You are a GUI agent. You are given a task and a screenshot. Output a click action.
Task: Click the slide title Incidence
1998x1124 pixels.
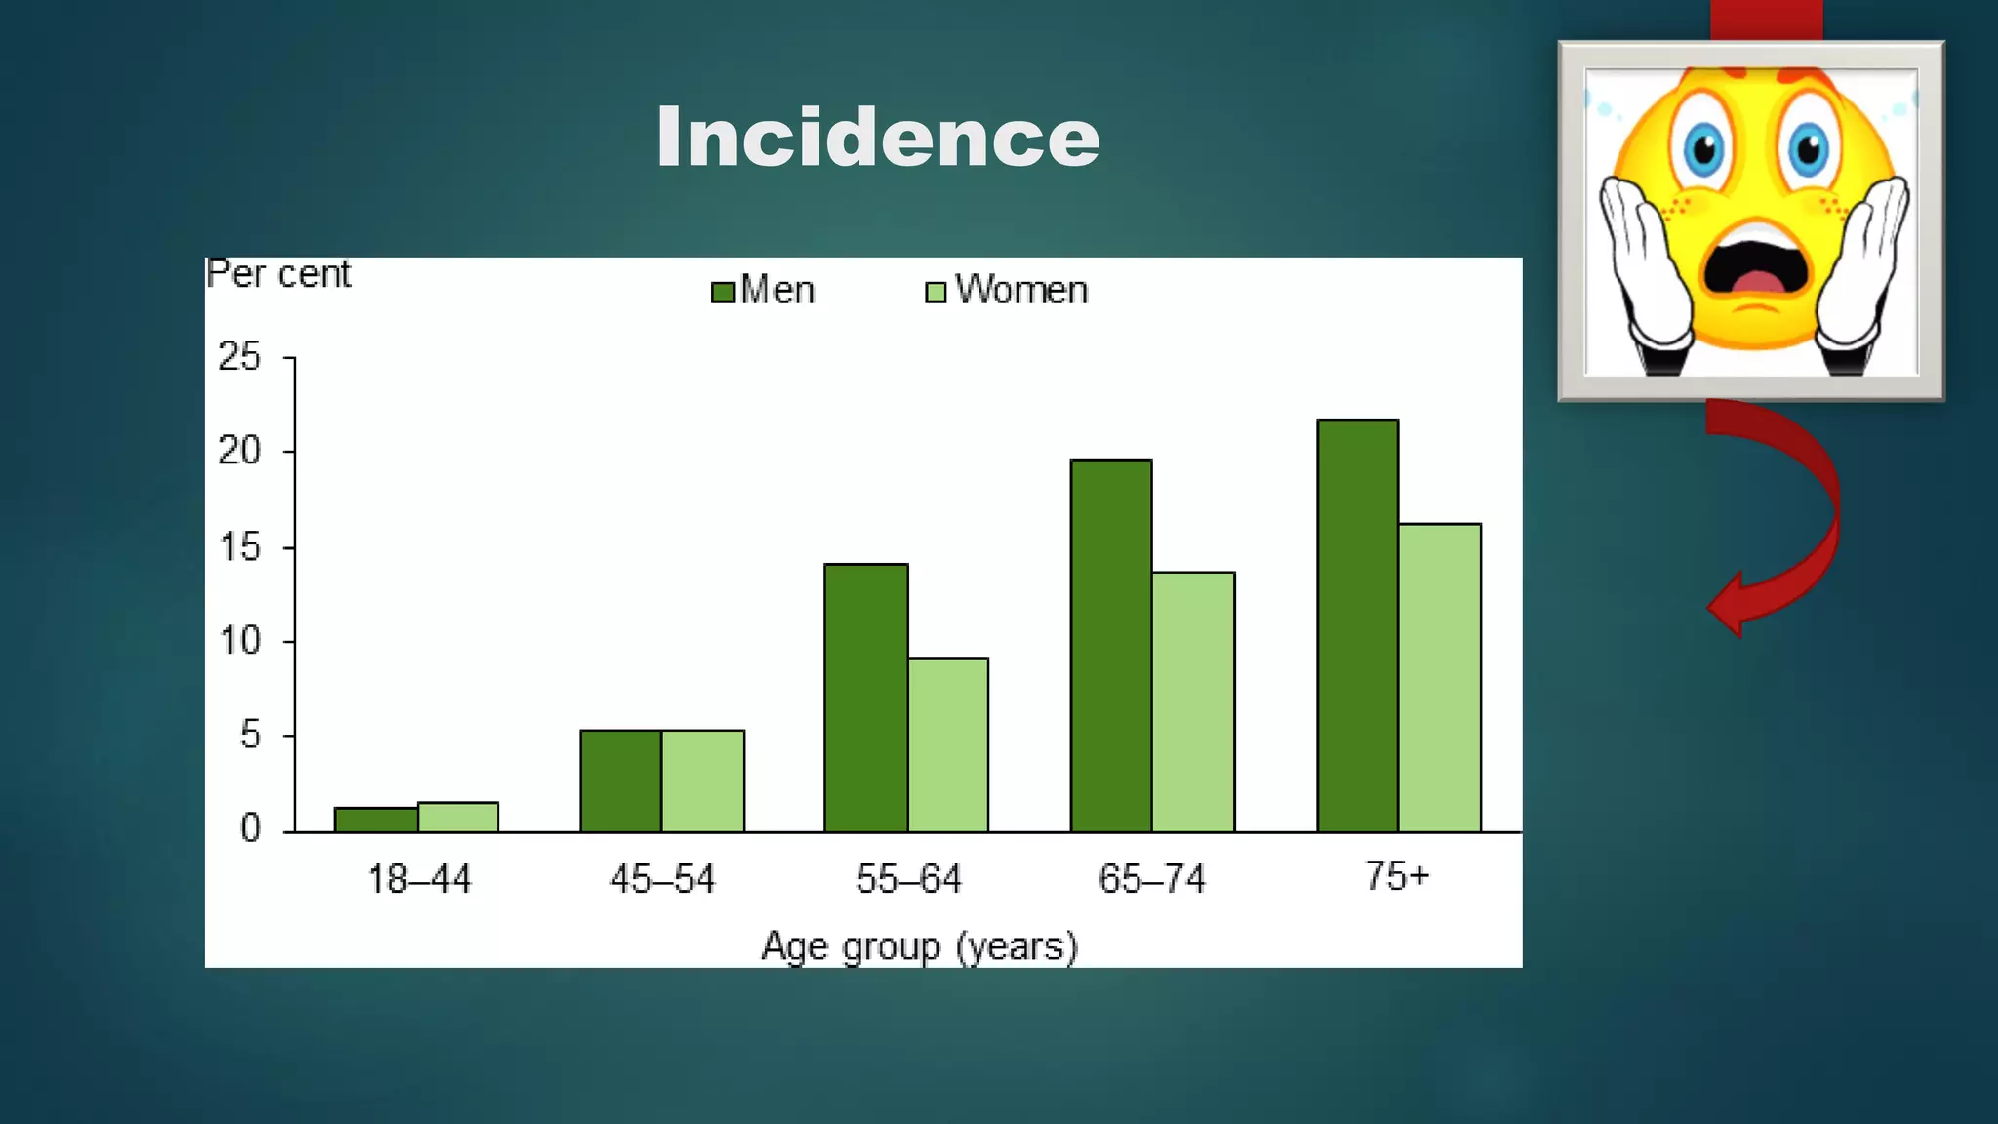[x=878, y=138]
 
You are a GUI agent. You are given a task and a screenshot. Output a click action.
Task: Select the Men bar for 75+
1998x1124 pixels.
[x=1357, y=625]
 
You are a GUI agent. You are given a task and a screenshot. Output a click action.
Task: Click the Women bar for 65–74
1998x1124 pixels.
[x=1193, y=702]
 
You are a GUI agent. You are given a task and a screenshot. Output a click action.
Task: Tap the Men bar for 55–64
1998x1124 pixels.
[x=865, y=698]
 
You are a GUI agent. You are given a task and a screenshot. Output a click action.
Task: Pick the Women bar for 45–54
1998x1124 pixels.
[x=702, y=781]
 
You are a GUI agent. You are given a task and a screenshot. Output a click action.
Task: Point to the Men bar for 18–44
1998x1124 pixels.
[x=376, y=820]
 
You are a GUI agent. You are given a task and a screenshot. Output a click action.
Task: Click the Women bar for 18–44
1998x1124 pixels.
[x=458, y=817]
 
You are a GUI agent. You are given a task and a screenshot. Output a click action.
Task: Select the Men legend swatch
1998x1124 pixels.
[x=723, y=292]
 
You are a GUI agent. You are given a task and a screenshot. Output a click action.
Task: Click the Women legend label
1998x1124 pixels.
[x=1020, y=291]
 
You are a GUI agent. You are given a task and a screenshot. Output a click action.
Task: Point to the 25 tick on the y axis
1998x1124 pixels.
[x=240, y=357]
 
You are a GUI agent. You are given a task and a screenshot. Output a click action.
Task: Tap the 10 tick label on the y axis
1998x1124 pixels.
[x=240, y=642]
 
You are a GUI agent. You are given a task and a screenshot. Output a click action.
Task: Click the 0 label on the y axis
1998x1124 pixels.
[x=251, y=829]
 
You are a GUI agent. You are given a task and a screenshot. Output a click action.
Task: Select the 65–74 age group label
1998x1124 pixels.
[x=1151, y=879]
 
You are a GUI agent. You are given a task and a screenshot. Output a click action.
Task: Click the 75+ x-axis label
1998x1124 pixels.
[x=1396, y=876]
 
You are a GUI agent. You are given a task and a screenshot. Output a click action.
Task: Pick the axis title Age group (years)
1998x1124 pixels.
[x=919, y=946]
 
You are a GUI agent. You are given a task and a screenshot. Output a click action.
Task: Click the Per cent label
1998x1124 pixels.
[x=279, y=274]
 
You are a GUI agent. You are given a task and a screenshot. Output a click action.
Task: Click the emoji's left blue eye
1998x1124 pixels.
[x=1703, y=149]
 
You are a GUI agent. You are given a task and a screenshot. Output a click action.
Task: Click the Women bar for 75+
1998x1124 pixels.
[x=1439, y=678]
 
